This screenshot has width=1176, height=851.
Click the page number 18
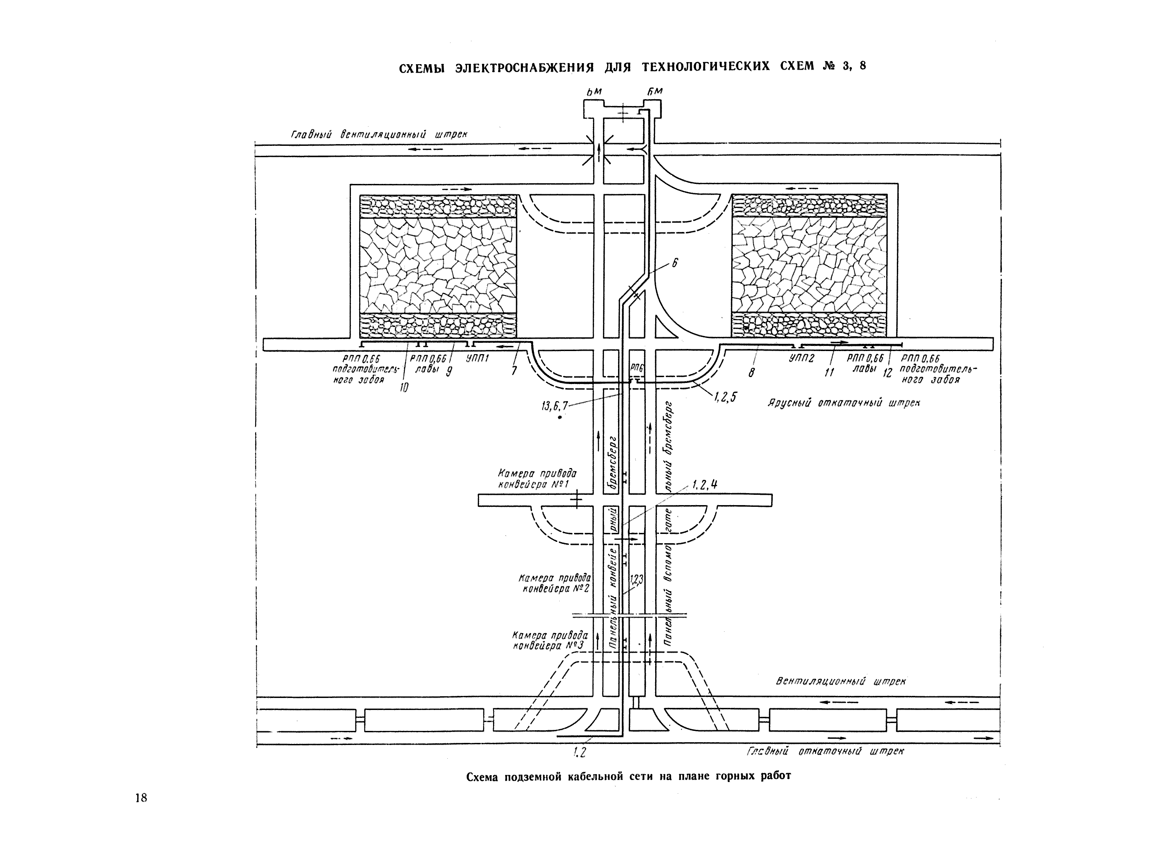pyautogui.click(x=141, y=797)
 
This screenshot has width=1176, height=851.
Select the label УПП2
pyautogui.click(x=802, y=358)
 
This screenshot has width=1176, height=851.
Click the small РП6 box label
pyautogui.click(x=637, y=368)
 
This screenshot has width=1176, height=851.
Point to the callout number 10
pyautogui.click(x=404, y=387)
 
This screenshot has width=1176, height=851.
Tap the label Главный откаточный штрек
pyautogui.click(x=825, y=751)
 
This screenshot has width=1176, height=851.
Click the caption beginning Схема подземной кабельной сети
pyautogui.click(x=628, y=777)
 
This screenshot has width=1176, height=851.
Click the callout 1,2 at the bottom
pyautogui.click(x=579, y=752)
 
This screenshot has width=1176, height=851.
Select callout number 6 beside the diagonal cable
pyautogui.click(x=675, y=263)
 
